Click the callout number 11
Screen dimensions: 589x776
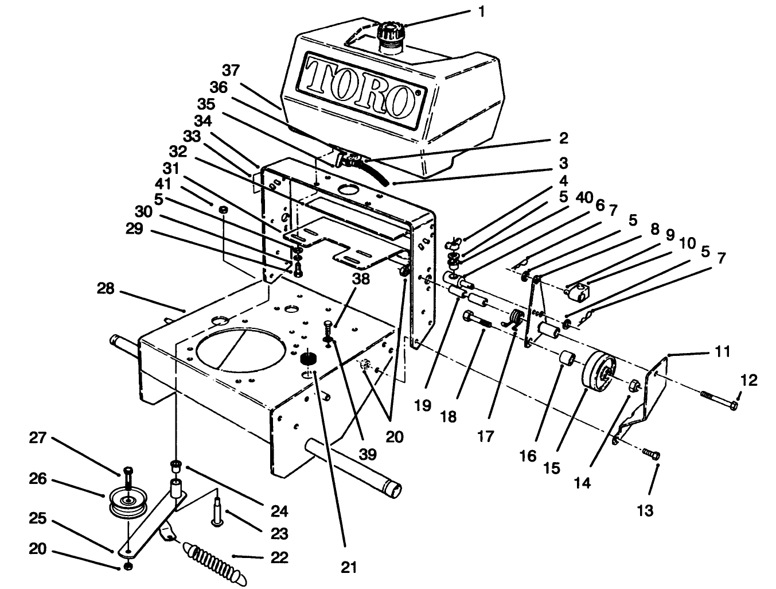(x=723, y=351)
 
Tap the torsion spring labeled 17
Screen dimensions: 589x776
(x=517, y=319)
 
